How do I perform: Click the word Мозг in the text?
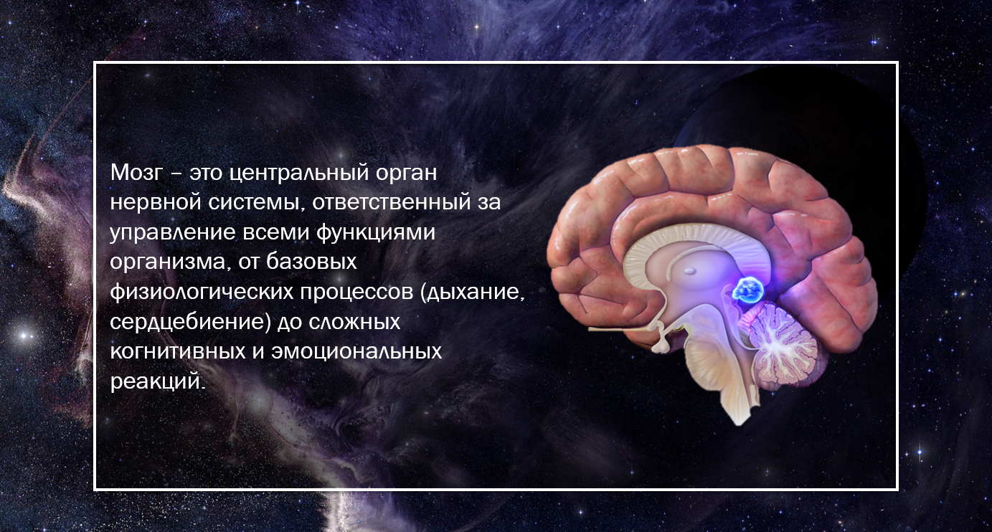[137, 173]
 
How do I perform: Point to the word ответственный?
[391, 203]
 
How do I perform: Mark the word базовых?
[311, 262]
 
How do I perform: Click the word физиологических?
[202, 292]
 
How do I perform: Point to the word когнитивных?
[178, 352]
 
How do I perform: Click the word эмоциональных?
[356, 352]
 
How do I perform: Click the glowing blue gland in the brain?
[748, 290]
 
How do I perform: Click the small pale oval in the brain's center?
[689, 270]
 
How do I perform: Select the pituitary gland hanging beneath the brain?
[661, 344]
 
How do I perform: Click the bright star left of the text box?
[24, 336]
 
